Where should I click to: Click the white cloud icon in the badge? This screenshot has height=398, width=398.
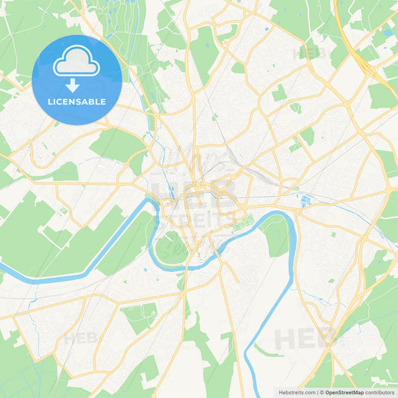click(x=77, y=64)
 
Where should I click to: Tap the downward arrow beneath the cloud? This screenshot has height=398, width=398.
click(x=77, y=86)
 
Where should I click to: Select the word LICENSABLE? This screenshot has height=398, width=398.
click(x=77, y=102)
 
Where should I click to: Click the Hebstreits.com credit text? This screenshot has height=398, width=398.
click(x=293, y=392)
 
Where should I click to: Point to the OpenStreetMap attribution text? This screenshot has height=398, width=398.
click(x=344, y=392)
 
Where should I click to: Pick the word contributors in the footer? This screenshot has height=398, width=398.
click(x=380, y=392)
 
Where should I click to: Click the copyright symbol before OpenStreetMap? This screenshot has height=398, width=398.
click(x=322, y=392)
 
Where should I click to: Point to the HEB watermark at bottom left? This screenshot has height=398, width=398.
click(x=81, y=338)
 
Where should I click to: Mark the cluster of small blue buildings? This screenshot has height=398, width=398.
click(x=306, y=200)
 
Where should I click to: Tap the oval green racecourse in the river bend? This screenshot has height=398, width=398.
click(x=172, y=247)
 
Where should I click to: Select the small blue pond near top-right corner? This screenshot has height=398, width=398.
click(x=386, y=33)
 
